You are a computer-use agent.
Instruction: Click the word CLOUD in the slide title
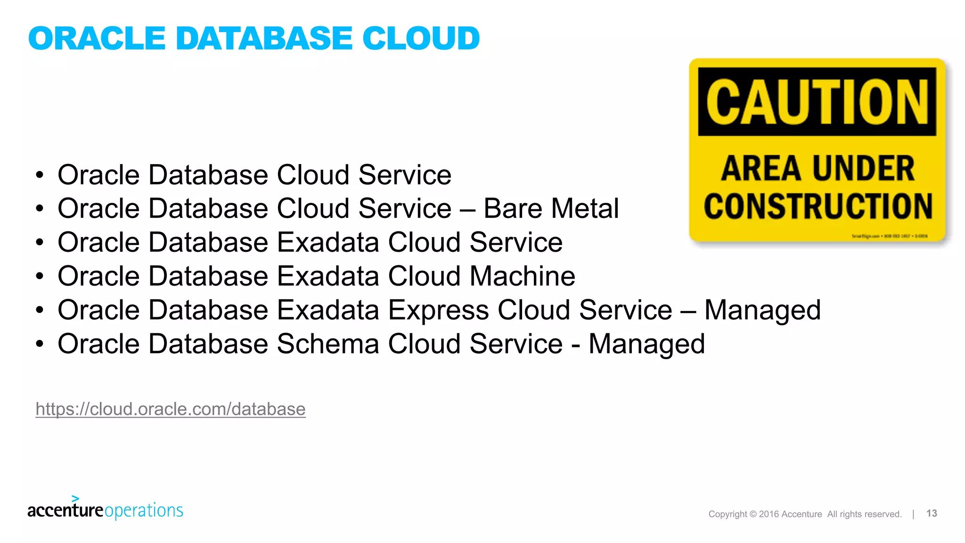(421, 38)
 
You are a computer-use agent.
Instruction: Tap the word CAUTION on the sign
(817, 102)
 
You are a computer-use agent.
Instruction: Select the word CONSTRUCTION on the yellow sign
(818, 206)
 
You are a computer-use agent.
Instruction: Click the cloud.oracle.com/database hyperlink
(171, 409)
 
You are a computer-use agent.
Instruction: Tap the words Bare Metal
(551, 208)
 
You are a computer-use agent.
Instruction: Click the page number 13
(932, 513)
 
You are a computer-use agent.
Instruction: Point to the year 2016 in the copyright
(769, 514)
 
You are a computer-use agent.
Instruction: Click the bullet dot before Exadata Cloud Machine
(40, 276)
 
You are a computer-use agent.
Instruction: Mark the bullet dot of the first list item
(40, 175)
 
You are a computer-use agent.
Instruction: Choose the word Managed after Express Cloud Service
(762, 310)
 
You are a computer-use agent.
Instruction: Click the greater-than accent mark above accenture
(75, 498)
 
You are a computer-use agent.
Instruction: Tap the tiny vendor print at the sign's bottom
(889, 236)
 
